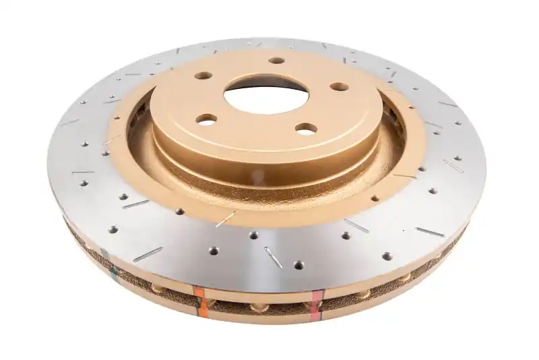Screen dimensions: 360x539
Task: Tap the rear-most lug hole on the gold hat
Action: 276,60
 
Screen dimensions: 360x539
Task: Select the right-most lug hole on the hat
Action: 339,86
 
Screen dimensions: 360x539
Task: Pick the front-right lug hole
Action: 306,127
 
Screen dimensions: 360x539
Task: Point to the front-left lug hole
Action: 207,119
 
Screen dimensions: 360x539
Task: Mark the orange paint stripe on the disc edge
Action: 200,299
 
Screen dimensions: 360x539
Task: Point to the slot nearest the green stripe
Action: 147,254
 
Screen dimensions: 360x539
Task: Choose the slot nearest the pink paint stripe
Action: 273,257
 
